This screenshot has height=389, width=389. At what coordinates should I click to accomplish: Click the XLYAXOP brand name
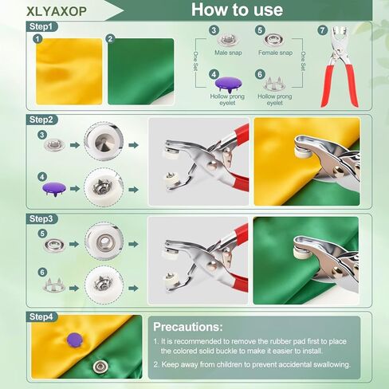point(59,10)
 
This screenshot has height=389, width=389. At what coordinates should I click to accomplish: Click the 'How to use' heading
point(237,10)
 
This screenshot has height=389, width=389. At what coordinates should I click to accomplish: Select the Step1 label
point(43,26)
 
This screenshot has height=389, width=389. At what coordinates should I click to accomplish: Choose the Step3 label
point(43,218)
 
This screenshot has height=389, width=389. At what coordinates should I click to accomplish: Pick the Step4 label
point(43,316)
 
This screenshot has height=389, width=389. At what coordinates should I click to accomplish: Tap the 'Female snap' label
point(275,53)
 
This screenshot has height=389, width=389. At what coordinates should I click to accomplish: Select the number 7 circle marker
point(323,31)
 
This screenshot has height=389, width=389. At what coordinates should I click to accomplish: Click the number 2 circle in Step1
point(111,37)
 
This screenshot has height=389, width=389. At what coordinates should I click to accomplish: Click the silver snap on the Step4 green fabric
point(100,366)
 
